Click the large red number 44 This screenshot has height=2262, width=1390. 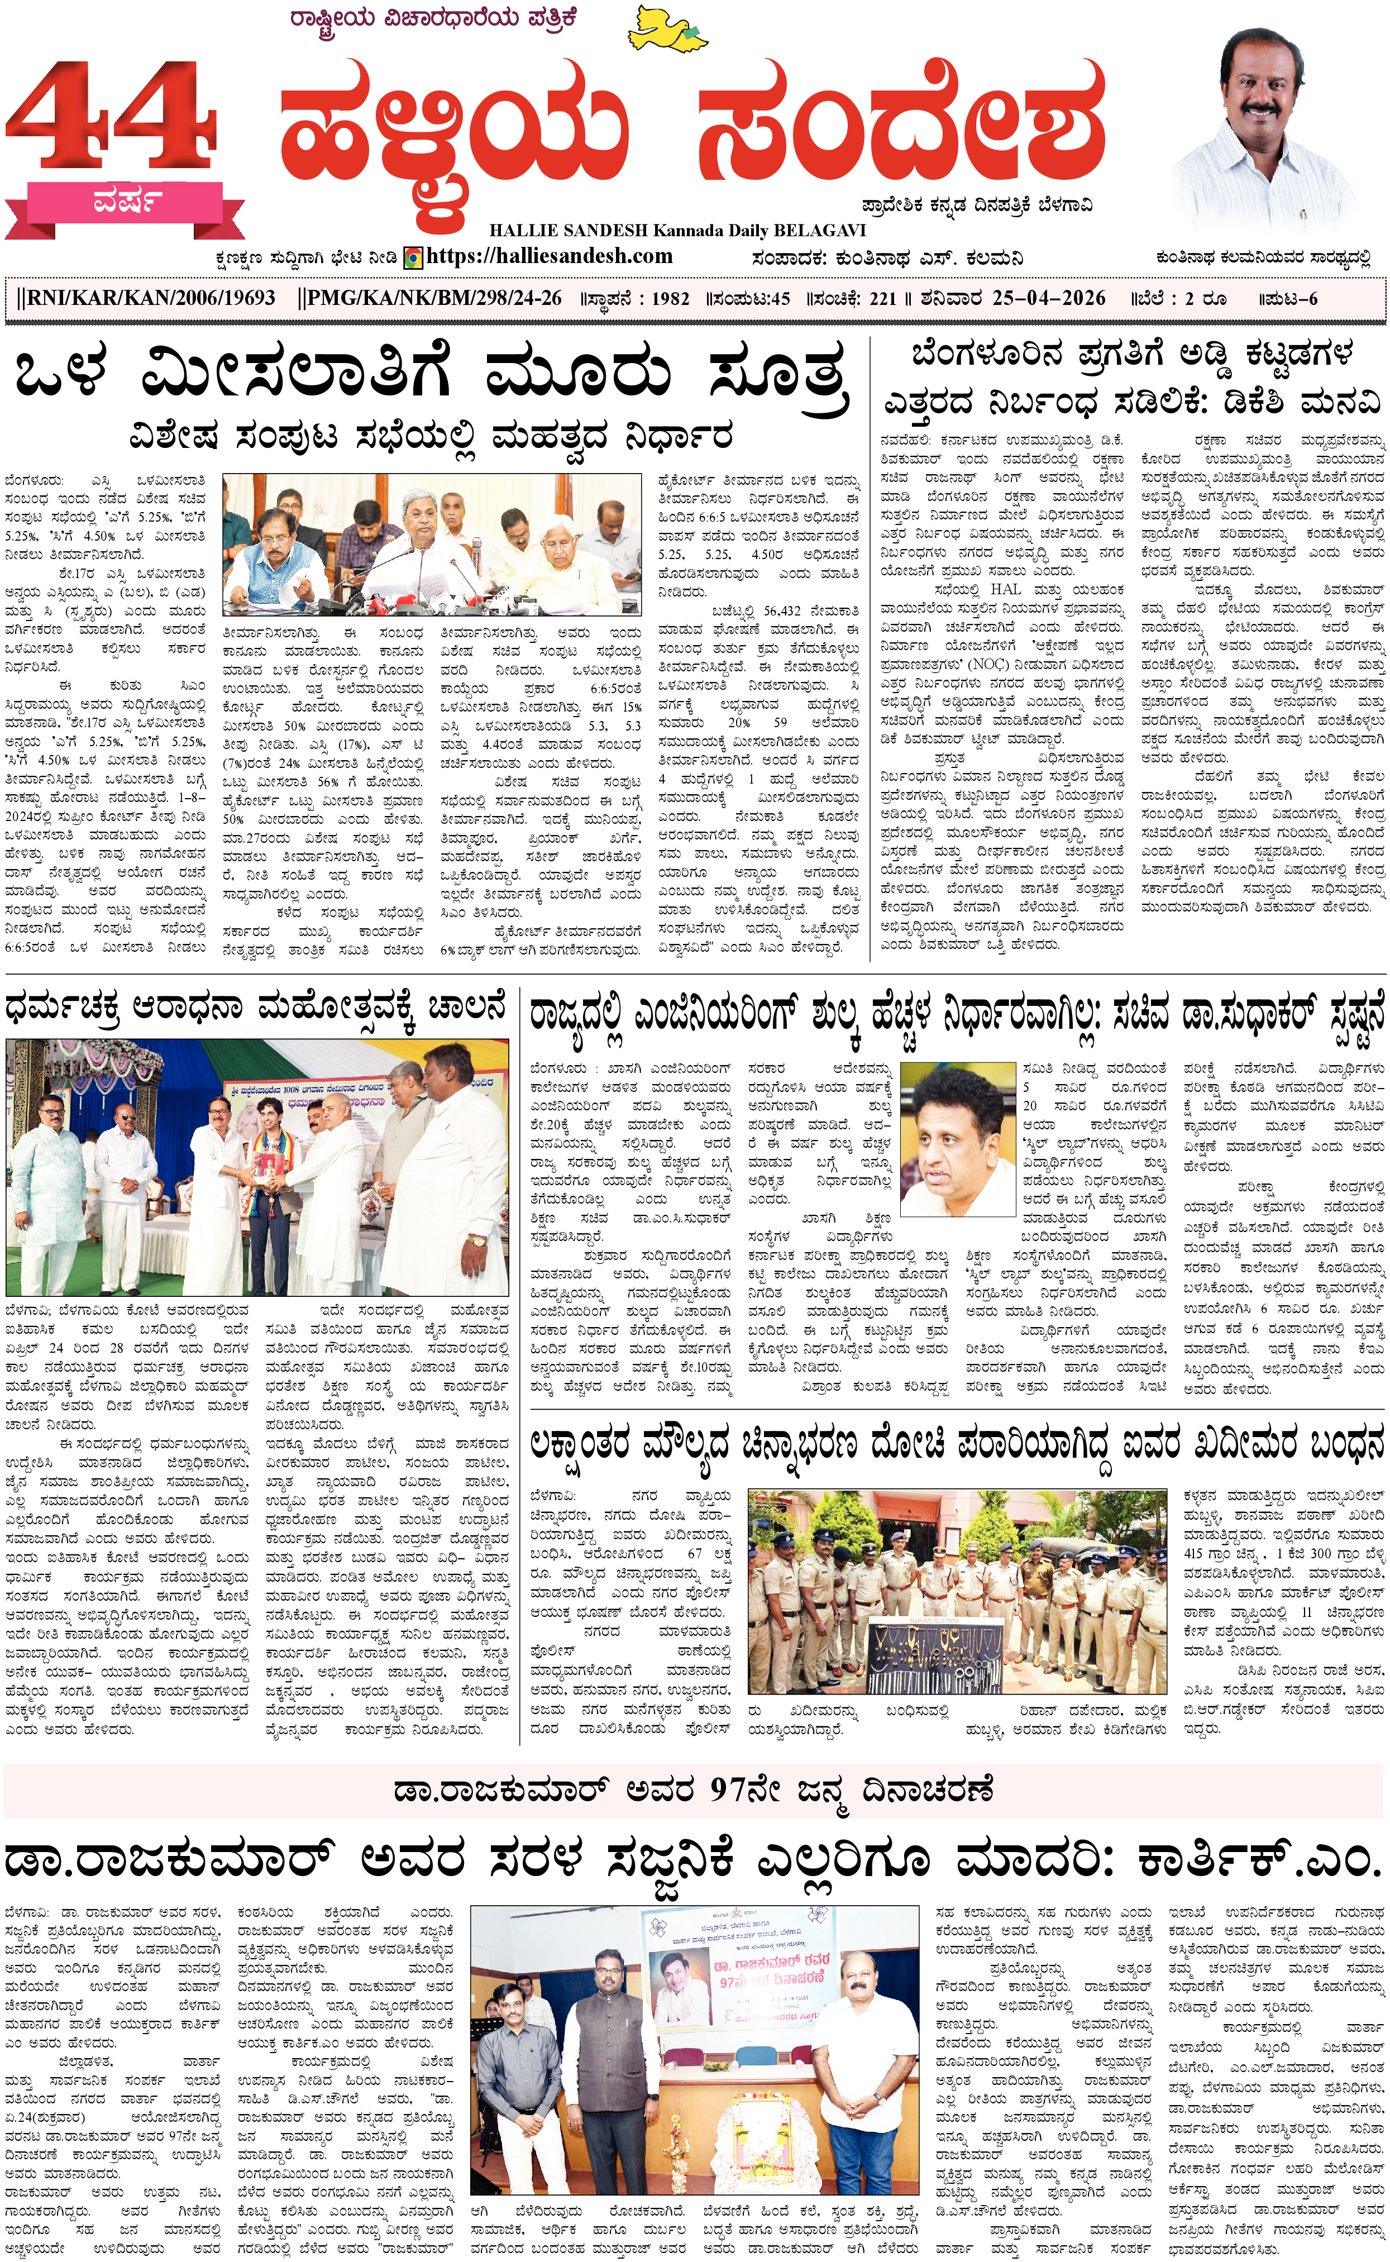[112, 120]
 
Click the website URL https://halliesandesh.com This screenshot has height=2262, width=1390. [549, 256]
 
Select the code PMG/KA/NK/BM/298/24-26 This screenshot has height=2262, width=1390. [434, 298]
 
